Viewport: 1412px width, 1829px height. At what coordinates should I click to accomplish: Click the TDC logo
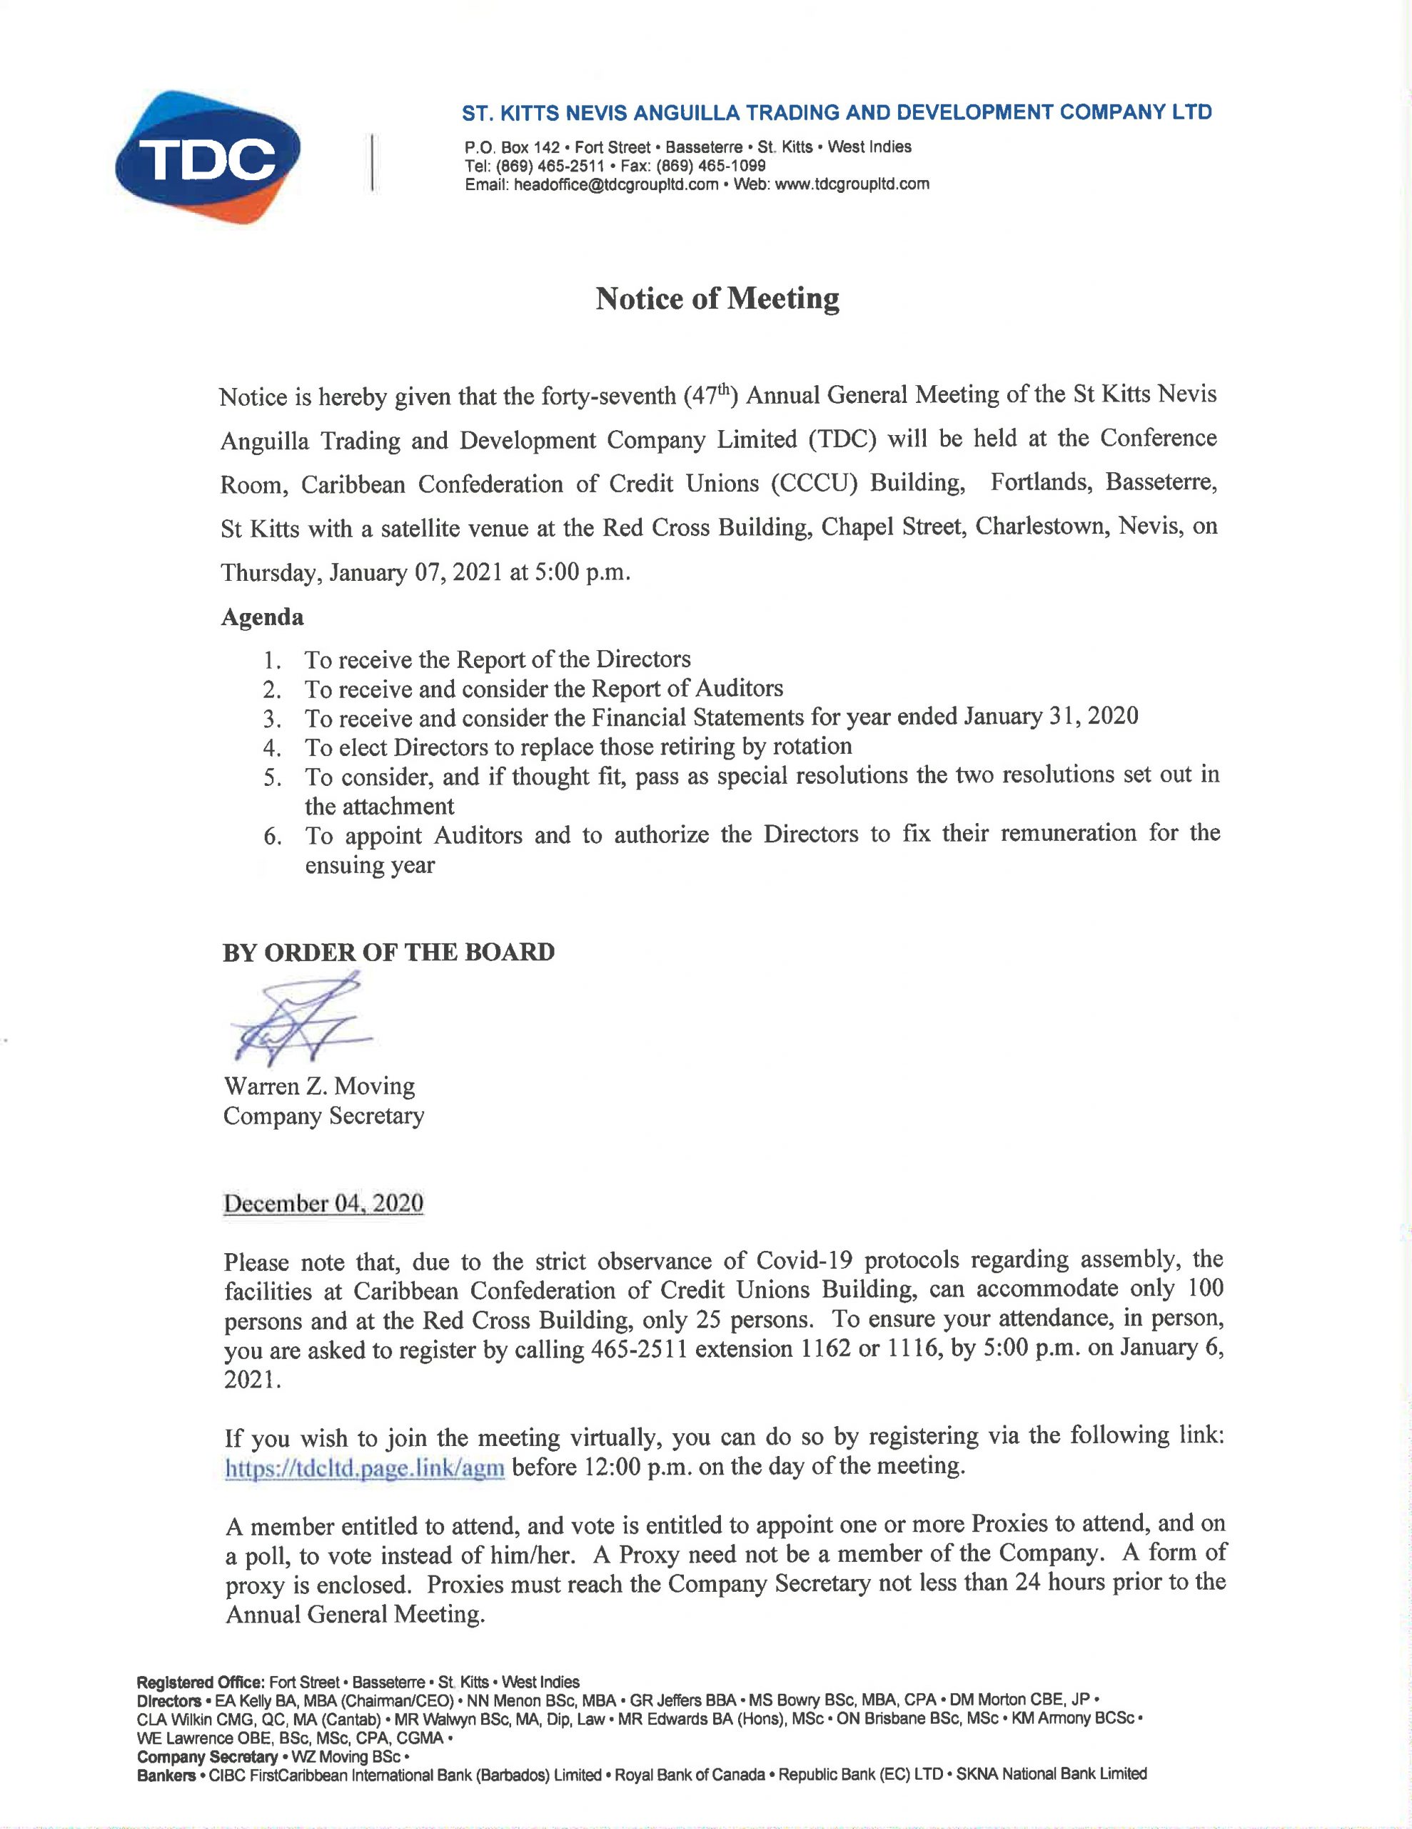click(x=208, y=157)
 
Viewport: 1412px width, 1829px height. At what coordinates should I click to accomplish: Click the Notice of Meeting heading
click(x=717, y=299)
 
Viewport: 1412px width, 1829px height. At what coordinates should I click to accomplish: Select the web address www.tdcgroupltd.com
click(x=852, y=185)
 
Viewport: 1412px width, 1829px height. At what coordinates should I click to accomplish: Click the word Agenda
click(x=262, y=617)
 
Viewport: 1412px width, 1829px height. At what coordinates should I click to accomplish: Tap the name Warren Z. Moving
click(x=319, y=1087)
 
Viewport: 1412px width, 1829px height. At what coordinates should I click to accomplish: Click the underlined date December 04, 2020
click(x=323, y=1203)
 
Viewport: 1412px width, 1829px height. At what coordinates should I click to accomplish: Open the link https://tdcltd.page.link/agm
click(x=365, y=1468)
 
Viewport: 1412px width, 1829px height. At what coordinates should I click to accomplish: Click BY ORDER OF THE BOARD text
click(x=388, y=953)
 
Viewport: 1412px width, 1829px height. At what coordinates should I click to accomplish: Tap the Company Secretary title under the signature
click(x=323, y=1116)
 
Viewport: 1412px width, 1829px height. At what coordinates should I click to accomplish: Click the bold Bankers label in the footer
click(x=166, y=1775)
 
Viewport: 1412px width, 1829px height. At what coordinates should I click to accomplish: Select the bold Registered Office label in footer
click(x=201, y=1683)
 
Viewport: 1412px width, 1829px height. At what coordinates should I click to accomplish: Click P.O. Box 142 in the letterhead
click(x=511, y=148)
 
